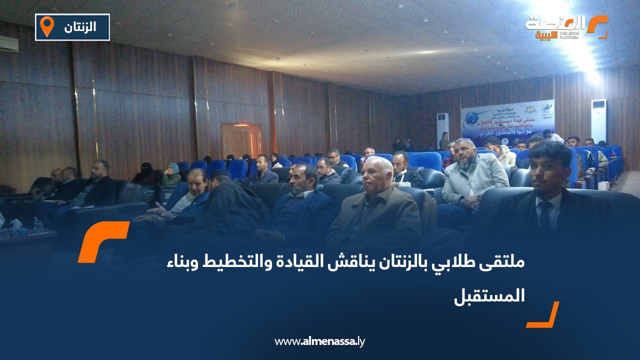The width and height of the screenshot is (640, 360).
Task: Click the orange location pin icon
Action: pos(46,26)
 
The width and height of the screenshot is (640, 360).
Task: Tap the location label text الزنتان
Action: pos(80,27)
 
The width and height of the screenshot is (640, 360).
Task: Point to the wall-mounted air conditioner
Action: pos(8,44)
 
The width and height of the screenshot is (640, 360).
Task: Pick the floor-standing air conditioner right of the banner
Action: pos(598,120)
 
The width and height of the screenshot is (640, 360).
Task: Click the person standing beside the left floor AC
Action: pos(444,141)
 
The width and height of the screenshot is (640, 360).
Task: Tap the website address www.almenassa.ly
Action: pos(320,341)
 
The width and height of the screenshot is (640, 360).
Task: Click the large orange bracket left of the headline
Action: pos(102,241)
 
